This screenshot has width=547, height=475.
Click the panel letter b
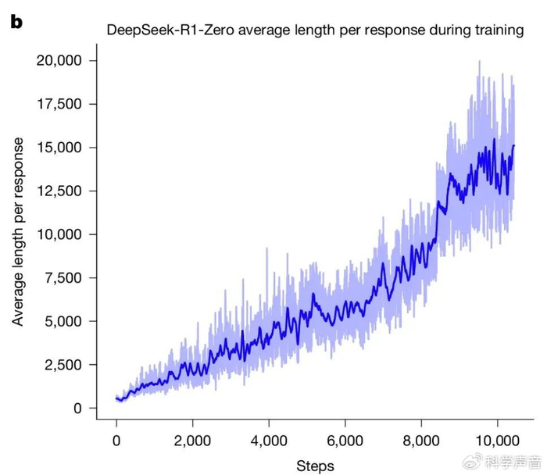(x=16, y=22)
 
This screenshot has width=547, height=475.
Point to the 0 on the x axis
(x=116, y=440)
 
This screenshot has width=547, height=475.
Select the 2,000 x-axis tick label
(x=192, y=440)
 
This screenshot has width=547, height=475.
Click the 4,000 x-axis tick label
(x=269, y=440)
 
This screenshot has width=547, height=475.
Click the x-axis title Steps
(x=315, y=466)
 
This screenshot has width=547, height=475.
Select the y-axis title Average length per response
(x=18, y=231)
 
